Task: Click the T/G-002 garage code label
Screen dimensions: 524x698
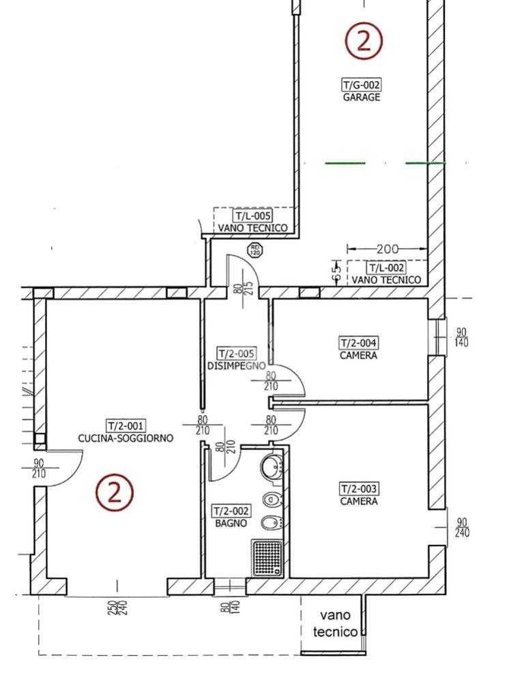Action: [x=362, y=85]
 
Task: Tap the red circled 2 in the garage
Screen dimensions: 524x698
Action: [x=364, y=42]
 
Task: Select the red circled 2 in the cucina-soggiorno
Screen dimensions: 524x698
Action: [x=114, y=493]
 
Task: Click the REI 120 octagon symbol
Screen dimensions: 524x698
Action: [x=255, y=250]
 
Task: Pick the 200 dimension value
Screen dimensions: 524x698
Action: [x=388, y=249]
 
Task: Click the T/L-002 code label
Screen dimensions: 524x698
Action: [x=386, y=267]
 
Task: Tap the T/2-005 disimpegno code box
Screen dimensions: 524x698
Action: [x=237, y=354]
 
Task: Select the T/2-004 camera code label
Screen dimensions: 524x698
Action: [x=358, y=344]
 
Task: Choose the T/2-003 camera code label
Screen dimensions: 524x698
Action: [x=359, y=489]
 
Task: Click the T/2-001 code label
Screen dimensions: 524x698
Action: [x=126, y=425]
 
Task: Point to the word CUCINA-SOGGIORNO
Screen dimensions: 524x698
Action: [x=126, y=438]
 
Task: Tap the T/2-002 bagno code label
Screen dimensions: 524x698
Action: [x=231, y=511]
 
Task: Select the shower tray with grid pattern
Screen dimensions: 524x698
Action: [x=267, y=558]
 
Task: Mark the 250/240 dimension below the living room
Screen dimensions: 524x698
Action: [x=117, y=608]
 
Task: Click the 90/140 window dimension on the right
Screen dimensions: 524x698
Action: [x=461, y=337]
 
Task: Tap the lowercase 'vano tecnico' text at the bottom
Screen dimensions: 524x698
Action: [x=335, y=623]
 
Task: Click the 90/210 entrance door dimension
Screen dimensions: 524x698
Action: [x=39, y=468]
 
